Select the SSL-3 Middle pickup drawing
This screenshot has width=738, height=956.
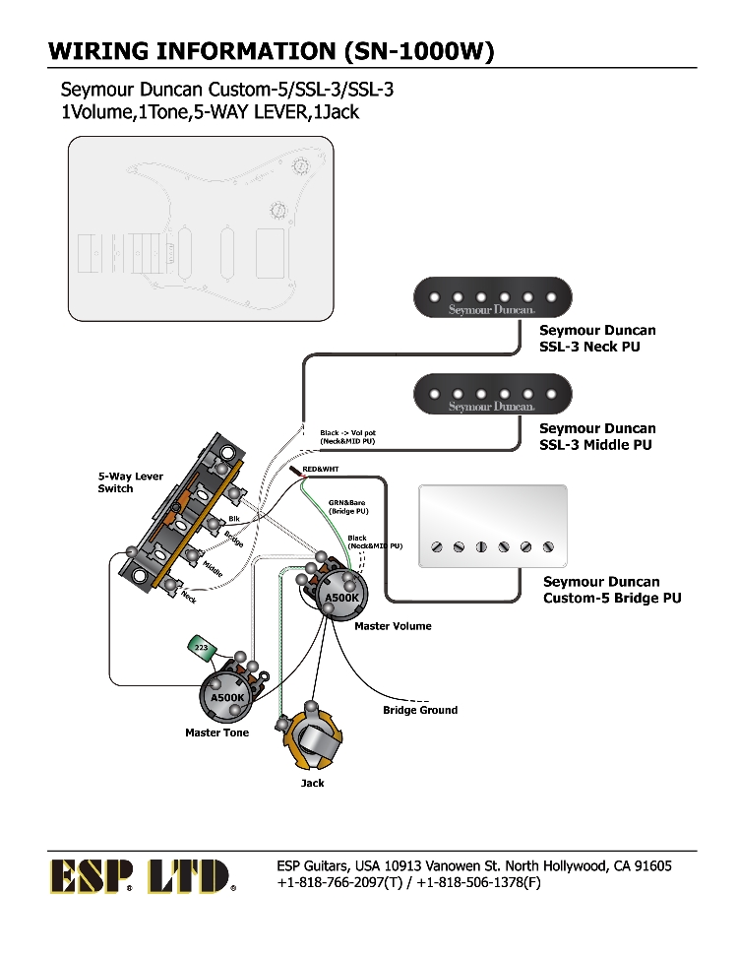point(492,394)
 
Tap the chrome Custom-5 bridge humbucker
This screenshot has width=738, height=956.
point(493,526)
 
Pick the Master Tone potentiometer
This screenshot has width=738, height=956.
point(227,695)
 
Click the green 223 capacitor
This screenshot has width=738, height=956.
point(202,647)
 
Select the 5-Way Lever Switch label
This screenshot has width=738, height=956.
point(130,482)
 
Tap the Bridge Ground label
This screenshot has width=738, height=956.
point(420,710)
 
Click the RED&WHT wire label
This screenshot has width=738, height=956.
point(320,469)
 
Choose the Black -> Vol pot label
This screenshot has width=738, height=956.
point(347,437)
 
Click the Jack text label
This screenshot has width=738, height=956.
point(312,783)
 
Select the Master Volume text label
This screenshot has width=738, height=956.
point(393,626)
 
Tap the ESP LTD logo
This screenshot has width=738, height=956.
point(142,875)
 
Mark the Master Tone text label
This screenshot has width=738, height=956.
point(216,733)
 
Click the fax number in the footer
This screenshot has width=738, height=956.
point(478,882)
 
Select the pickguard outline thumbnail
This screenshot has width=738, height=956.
point(201,228)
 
